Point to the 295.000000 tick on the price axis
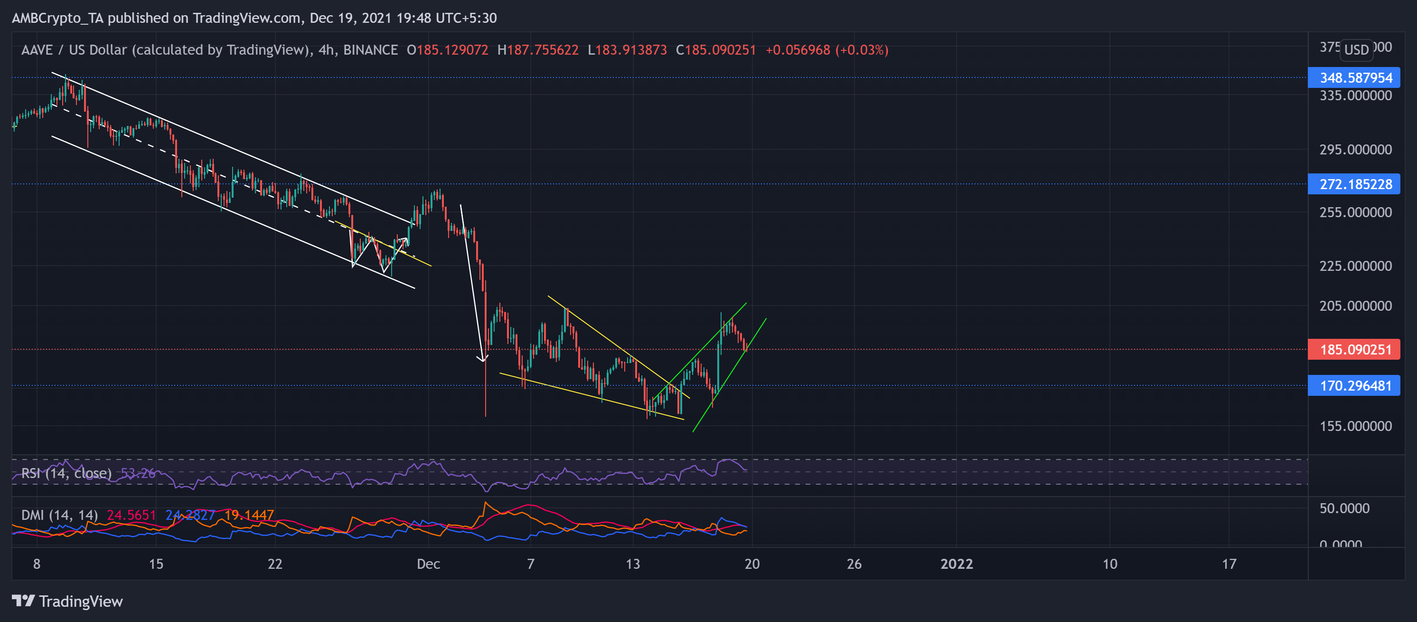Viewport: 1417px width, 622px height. click(1355, 149)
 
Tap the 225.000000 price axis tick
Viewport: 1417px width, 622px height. click(1355, 266)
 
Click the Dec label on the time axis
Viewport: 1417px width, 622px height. click(428, 564)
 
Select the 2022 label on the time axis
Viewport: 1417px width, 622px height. click(956, 564)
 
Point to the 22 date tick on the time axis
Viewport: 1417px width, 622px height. click(274, 564)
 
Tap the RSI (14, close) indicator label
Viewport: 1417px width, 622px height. click(66, 473)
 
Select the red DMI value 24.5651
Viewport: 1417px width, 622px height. click(131, 515)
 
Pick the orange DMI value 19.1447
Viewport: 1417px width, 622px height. click(249, 515)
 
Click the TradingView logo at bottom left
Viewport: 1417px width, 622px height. click(67, 601)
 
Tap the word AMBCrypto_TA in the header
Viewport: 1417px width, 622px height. click(57, 18)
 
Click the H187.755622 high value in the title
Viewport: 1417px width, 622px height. click(537, 49)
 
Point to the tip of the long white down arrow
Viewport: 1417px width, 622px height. click(482, 361)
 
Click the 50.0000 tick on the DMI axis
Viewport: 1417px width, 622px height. click(1344, 507)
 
